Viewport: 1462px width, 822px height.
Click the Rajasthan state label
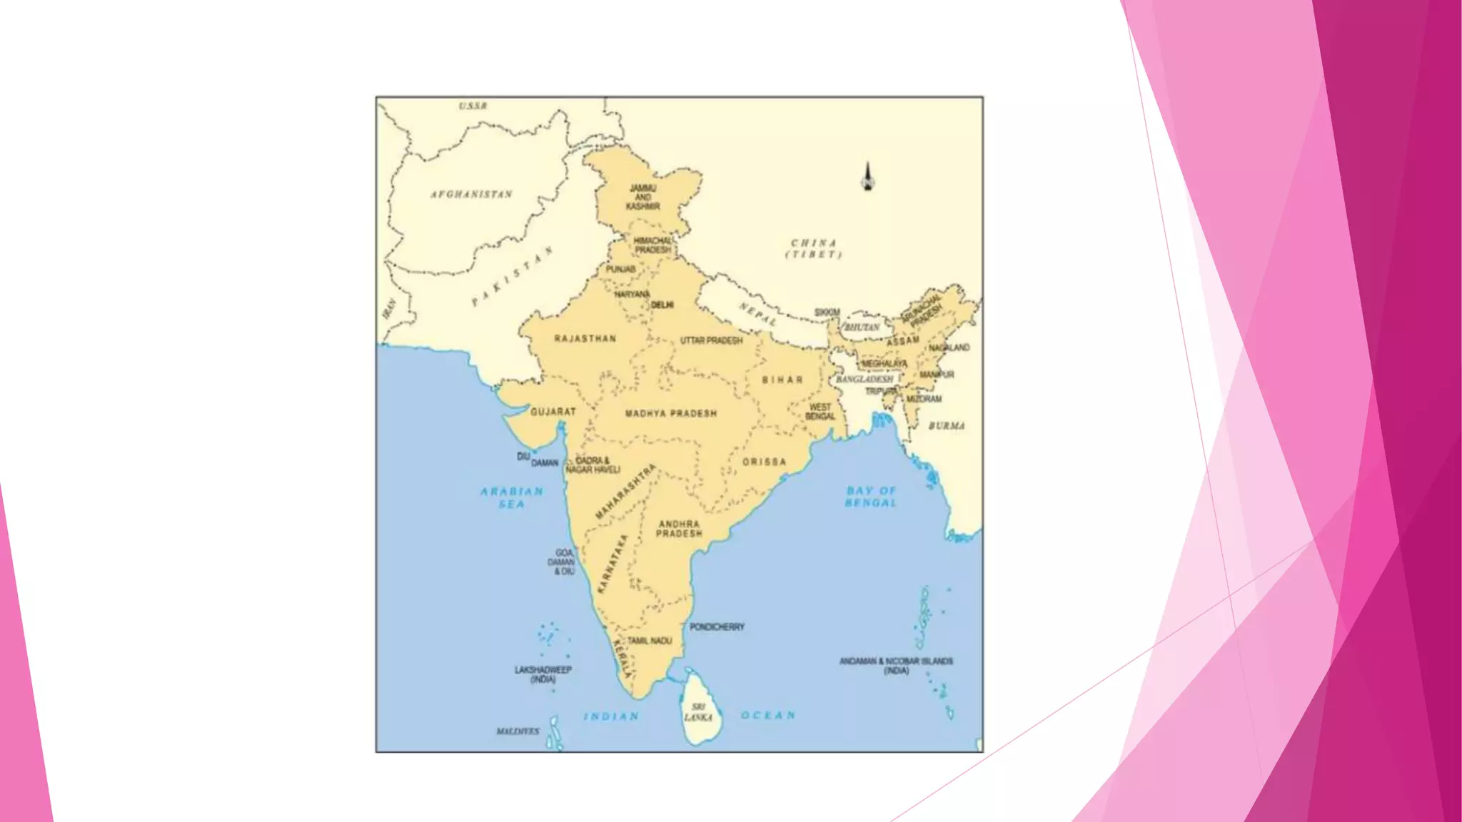coord(585,338)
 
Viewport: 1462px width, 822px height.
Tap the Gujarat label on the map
coord(553,412)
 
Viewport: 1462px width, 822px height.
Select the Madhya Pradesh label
coord(671,413)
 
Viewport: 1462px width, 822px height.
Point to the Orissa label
coord(764,462)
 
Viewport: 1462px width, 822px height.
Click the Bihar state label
coord(782,380)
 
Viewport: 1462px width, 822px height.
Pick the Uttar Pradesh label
coord(711,340)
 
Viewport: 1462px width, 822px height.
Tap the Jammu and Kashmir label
coord(642,197)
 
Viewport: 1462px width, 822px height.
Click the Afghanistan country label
coord(471,194)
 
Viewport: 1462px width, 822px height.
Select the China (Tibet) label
coord(814,248)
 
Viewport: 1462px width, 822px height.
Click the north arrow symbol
coord(867,177)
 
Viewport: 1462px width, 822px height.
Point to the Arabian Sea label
coord(512,497)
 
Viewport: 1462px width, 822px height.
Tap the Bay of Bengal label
coord(871,497)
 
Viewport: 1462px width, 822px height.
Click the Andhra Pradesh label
coord(679,528)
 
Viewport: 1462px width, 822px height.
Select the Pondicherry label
coord(717,626)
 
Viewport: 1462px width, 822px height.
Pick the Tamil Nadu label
coord(650,641)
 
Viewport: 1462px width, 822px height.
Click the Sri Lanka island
coord(699,710)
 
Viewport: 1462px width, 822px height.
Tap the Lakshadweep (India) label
coord(543,674)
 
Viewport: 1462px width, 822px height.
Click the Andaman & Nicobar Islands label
coord(896,666)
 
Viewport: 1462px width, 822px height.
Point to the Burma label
coord(947,426)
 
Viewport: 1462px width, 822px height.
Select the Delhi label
coord(662,305)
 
